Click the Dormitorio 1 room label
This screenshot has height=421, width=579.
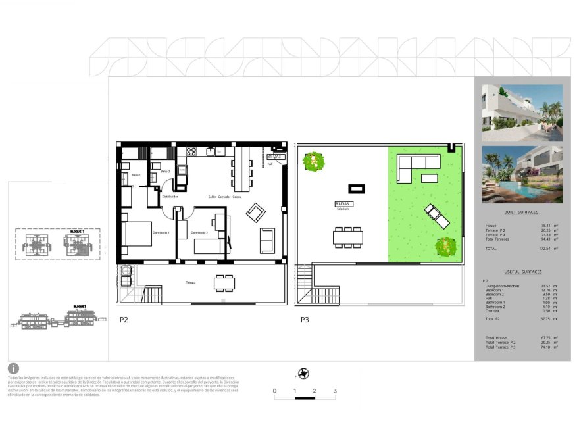coord(161,233)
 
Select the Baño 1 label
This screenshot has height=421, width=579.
coord(136,175)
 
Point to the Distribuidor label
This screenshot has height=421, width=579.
coord(170,196)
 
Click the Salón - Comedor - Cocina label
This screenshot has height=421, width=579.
coord(225,197)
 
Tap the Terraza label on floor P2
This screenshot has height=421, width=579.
coord(190,282)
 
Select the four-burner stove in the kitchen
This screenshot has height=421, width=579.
coord(191,151)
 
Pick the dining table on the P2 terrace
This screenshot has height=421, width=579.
coord(224,283)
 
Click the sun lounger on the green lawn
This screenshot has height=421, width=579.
coord(436,216)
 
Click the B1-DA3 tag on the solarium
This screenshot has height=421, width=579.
coord(343,204)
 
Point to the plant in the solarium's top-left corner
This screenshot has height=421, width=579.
coord(315,161)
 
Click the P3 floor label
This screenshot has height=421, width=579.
coord(304,320)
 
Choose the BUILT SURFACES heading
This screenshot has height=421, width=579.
coord(521,212)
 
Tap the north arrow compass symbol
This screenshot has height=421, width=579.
coord(303,374)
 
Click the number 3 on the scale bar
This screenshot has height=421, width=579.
coord(335,391)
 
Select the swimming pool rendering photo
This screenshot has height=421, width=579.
coord(522,173)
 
